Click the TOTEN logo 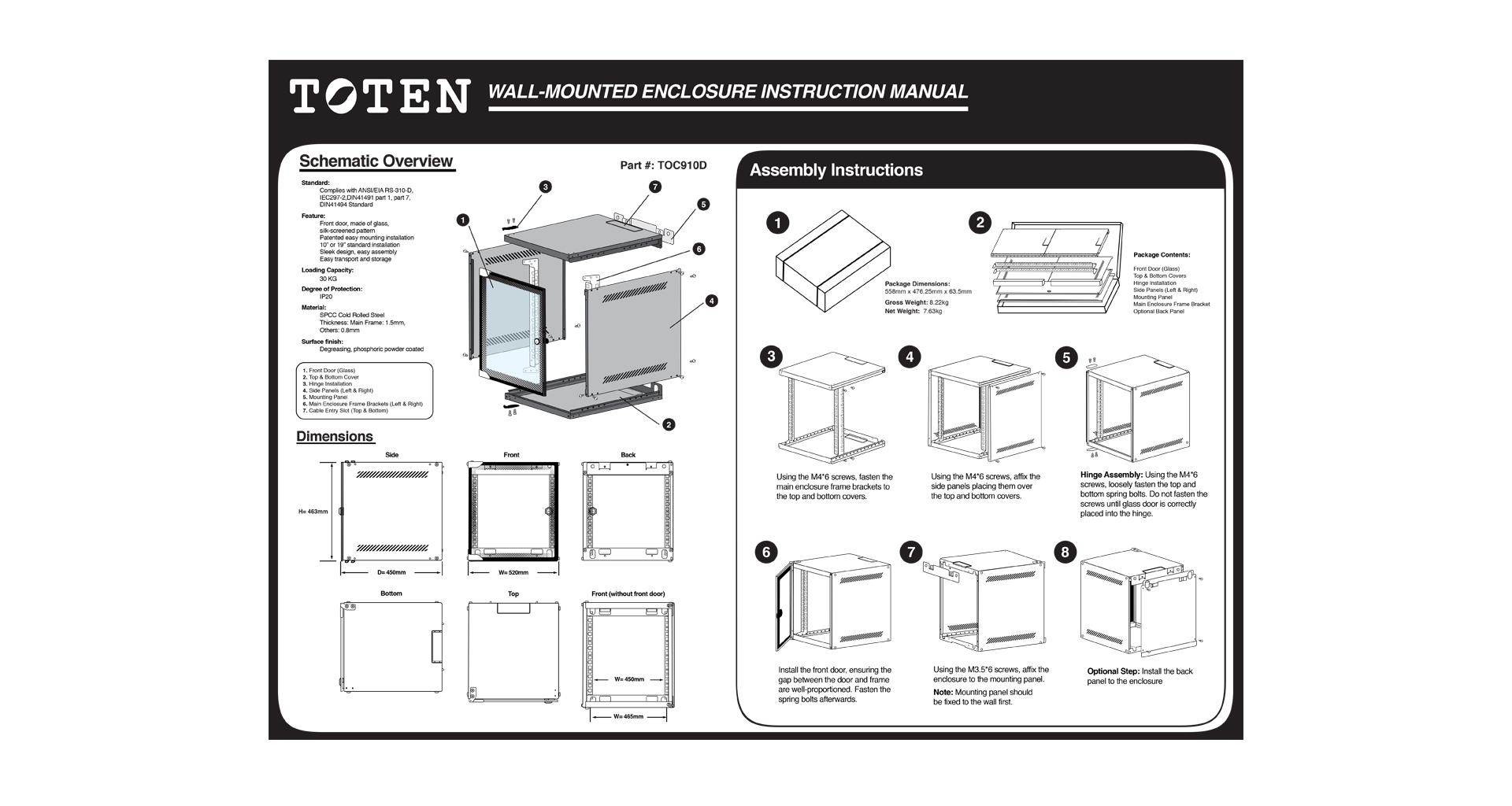(379, 96)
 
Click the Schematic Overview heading (376, 161)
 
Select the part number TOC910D (663, 165)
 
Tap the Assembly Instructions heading (836, 170)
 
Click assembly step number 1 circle (777, 223)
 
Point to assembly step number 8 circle (1065, 552)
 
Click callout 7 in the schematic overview (654, 187)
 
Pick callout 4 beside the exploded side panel (711, 301)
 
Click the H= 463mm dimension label (313, 512)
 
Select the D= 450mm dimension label (391, 572)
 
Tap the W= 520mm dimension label (513, 572)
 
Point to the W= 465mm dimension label (628, 716)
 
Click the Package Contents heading (1162, 255)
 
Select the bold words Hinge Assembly (1111, 475)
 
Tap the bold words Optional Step (1113, 671)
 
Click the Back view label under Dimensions (628, 455)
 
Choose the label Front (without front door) (628, 594)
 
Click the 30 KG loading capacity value (328, 279)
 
